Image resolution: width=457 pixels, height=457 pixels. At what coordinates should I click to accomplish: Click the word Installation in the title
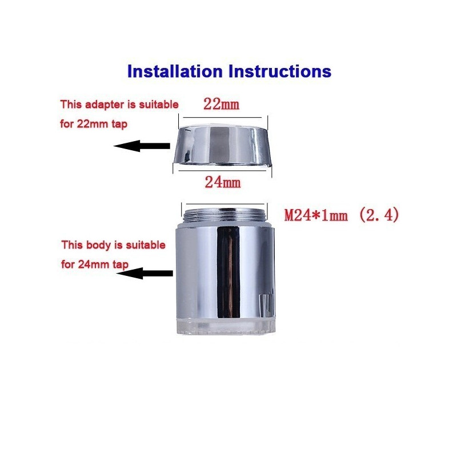175,71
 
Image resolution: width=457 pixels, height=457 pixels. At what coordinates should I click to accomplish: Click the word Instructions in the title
280,71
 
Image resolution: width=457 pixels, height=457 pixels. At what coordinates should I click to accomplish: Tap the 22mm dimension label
221,104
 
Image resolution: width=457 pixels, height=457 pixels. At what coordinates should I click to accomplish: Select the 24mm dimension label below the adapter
223,183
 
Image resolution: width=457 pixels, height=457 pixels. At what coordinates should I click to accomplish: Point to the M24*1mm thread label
316,216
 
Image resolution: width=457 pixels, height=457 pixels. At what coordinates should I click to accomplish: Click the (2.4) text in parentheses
379,215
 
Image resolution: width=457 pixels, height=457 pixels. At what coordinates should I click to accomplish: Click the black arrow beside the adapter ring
142,146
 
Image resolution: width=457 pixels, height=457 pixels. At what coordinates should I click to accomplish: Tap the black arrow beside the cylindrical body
145,273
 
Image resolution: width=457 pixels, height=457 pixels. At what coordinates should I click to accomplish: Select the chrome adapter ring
222,145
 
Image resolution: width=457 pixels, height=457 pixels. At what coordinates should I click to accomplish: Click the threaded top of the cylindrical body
225,217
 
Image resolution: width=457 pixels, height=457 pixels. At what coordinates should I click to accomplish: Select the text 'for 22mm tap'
94,124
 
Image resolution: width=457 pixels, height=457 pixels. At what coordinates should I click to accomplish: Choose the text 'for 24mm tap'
95,264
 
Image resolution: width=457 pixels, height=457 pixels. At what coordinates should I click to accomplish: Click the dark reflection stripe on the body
229,272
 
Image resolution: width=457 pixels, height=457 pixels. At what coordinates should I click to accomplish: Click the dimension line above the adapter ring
222,118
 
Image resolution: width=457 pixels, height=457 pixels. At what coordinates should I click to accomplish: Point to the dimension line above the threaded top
225,204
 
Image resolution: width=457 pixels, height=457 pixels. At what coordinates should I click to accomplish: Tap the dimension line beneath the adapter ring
222,170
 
